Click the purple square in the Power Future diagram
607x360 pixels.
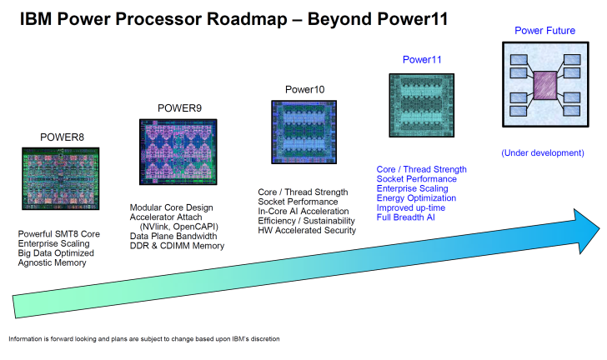[545, 87]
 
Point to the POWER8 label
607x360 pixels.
[62, 137]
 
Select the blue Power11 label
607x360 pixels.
[423, 59]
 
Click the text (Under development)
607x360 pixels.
[543, 153]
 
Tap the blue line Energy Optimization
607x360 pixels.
[416, 198]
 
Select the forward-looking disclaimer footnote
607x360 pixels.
[144, 339]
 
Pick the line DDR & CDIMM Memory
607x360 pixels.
[176, 247]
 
